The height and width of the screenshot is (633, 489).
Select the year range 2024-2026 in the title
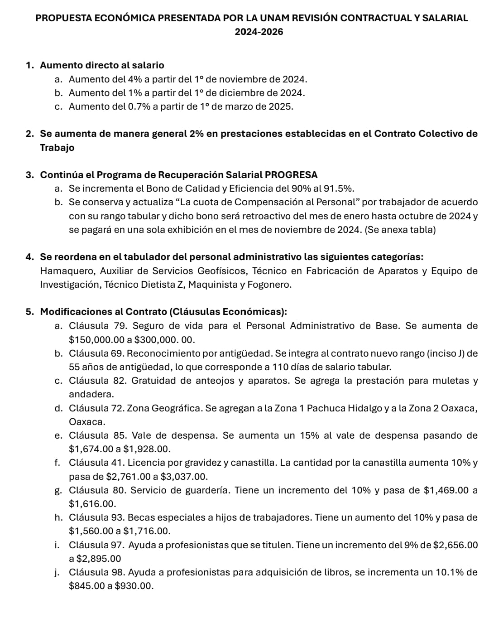click(259, 32)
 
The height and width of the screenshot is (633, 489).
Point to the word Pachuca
click(326, 408)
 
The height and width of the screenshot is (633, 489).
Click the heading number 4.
click(30, 257)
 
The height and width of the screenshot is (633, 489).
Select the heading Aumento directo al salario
click(102, 65)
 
